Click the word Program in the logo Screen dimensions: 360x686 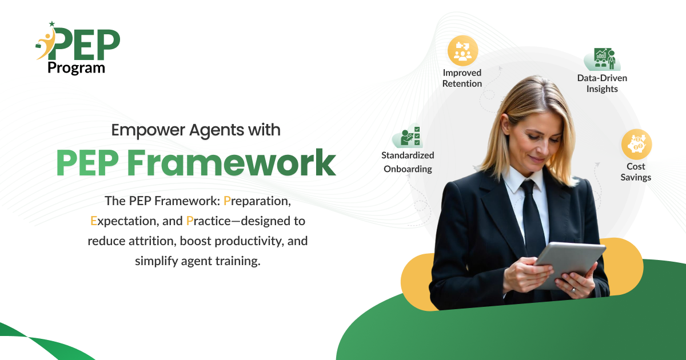click(76, 67)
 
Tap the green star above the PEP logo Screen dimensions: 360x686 click(52, 24)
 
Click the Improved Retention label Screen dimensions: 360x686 click(462, 78)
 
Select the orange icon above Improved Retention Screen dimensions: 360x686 click(462, 51)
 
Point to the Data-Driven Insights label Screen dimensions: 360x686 click(602, 83)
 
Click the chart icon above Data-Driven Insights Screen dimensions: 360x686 click(603, 59)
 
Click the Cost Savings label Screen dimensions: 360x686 click(636, 171)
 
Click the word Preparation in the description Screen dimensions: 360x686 click(258, 201)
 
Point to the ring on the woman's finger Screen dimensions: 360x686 click(573, 290)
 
